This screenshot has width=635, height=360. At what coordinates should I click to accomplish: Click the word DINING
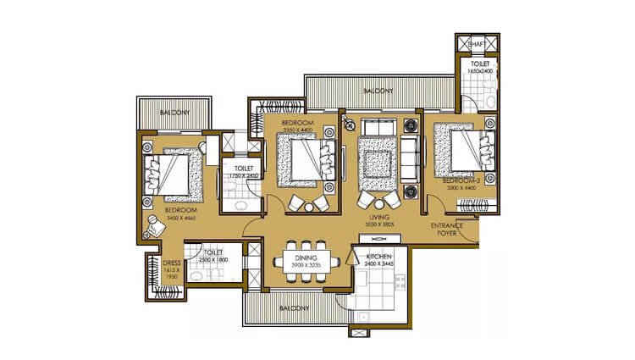[x=306, y=257]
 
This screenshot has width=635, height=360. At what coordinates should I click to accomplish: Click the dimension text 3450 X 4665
[x=187, y=219]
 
